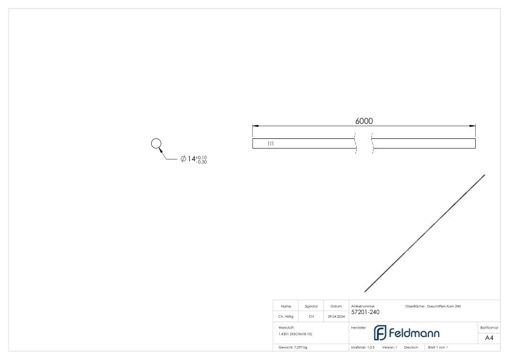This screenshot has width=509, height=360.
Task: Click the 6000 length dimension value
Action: pyautogui.click(x=363, y=121)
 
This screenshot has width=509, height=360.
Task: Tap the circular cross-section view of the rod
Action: pyautogui.click(x=156, y=144)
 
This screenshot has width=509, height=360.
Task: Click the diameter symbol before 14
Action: pyautogui.click(x=183, y=159)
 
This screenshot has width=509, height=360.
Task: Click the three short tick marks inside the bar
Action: pyautogui.click(x=271, y=144)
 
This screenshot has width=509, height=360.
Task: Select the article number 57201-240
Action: pyautogui.click(x=365, y=312)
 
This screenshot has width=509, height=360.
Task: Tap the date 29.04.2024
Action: pyautogui.click(x=336, y=315)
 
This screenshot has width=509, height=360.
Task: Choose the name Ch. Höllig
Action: pyautogui.click(x=287, y=315)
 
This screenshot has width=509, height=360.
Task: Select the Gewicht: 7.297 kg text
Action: pyautogui.click(x=293, y=347)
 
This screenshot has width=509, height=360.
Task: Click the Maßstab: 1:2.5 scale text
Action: pyautogui.click(x=363, y=347)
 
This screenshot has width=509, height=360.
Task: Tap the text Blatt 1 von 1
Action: pyautogui.click(x=438, y=347)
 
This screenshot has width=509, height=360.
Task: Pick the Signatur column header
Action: pyautogui.click(x=312, y=306)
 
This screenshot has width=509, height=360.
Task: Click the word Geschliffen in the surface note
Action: pyautogui.click(x=438, y=306)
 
